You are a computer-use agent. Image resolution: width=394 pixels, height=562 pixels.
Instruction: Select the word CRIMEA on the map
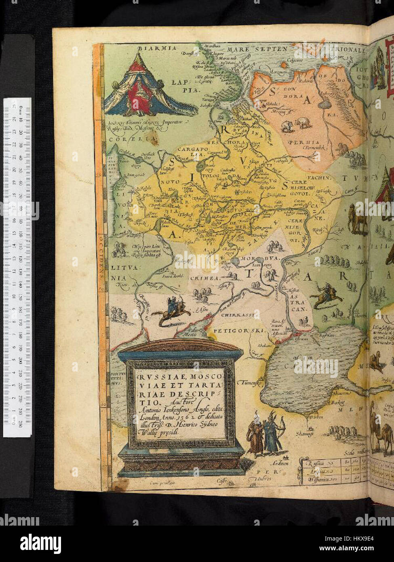208,278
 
